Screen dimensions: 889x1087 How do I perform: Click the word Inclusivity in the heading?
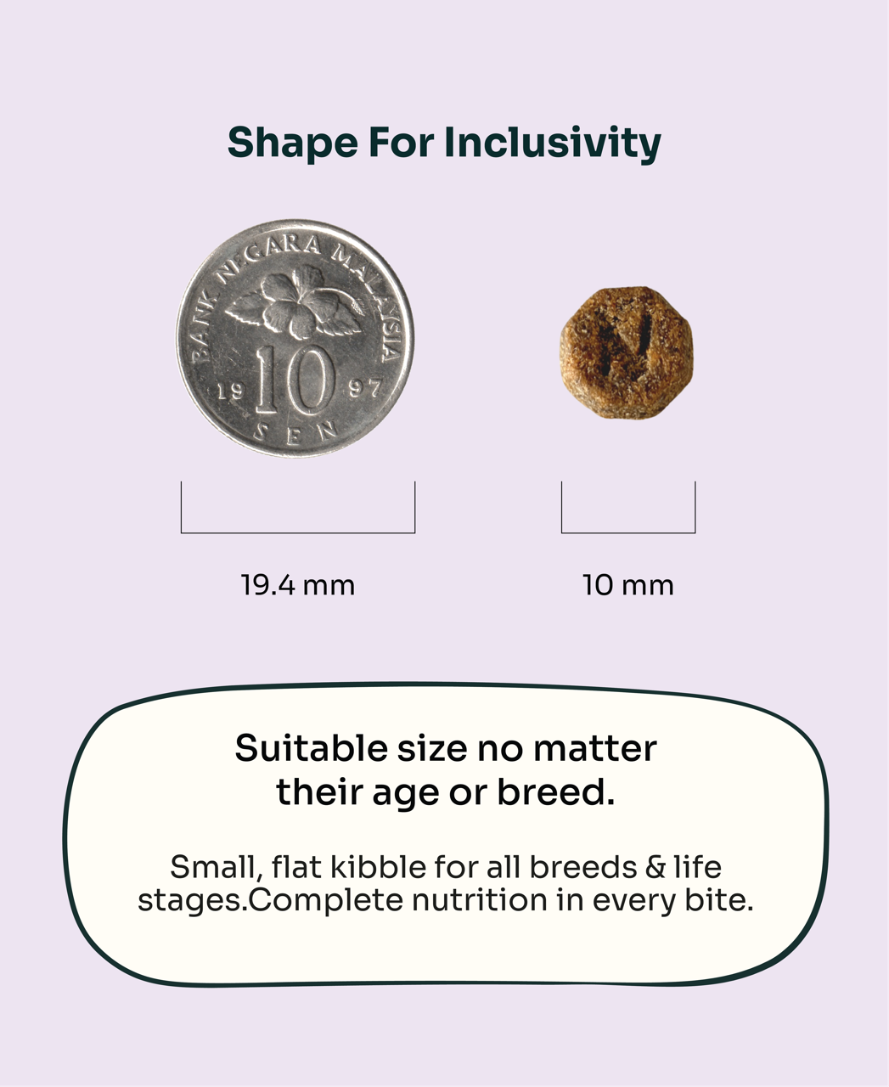coord(553,143)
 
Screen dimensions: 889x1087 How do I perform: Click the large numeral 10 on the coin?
coord(295,380)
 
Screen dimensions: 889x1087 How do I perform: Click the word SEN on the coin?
coord(295,433)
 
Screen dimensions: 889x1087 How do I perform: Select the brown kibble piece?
coord(626,352)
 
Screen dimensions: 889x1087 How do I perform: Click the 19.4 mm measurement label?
coord(298,585)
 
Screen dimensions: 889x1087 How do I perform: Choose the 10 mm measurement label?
coord(627,585)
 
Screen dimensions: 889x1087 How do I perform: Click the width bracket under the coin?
coord(298,532)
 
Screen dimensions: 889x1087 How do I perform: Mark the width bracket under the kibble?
coord(628,532)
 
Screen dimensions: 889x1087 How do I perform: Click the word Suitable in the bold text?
coord(312,748)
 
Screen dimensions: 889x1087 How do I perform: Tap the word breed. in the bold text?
coord(556,792)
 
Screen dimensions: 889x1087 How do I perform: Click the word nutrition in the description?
coord(479,900)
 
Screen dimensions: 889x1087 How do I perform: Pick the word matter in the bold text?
coord(594,749)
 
